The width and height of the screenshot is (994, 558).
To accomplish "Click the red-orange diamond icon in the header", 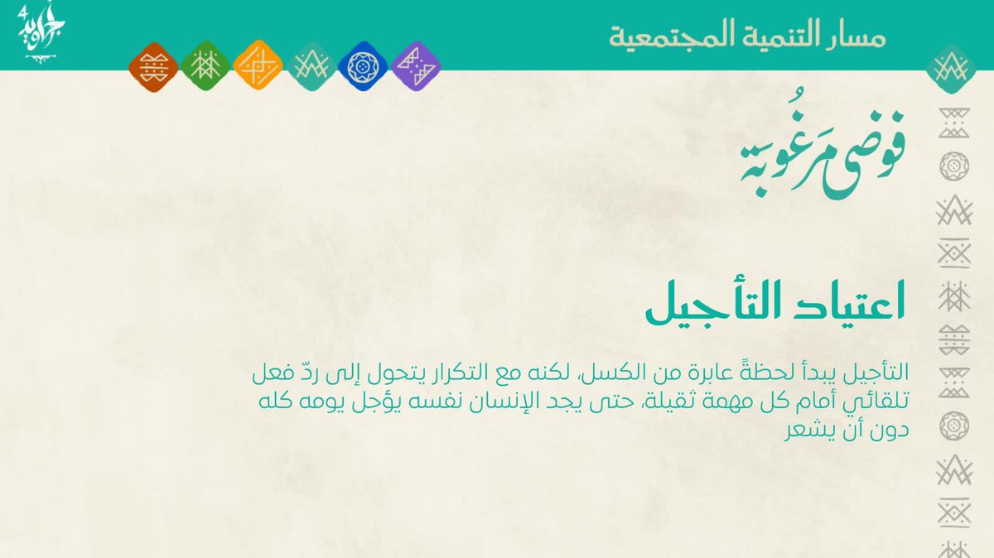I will pos(153,65).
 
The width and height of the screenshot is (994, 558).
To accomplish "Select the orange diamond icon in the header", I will pos(258,65).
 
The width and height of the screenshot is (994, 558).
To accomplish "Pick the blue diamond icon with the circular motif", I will pos(362,65).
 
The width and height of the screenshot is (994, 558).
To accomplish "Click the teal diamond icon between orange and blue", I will pos(311,65).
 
